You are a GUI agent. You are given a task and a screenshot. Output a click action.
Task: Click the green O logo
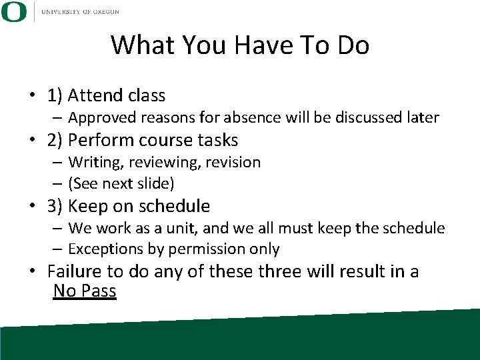coord(13,11)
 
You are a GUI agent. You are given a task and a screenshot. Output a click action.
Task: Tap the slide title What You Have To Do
coord(240,45)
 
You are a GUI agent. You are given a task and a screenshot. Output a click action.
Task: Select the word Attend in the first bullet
coord(94,96)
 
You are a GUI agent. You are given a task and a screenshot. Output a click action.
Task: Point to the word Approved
coord(99,118)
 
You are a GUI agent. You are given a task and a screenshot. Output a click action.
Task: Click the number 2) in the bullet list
coord(55,140)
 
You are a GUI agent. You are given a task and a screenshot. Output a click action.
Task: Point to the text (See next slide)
coord(121,183)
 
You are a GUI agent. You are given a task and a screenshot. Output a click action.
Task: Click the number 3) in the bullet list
coord(55,206)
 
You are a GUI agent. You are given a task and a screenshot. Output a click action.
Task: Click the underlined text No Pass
coord(85,291)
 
